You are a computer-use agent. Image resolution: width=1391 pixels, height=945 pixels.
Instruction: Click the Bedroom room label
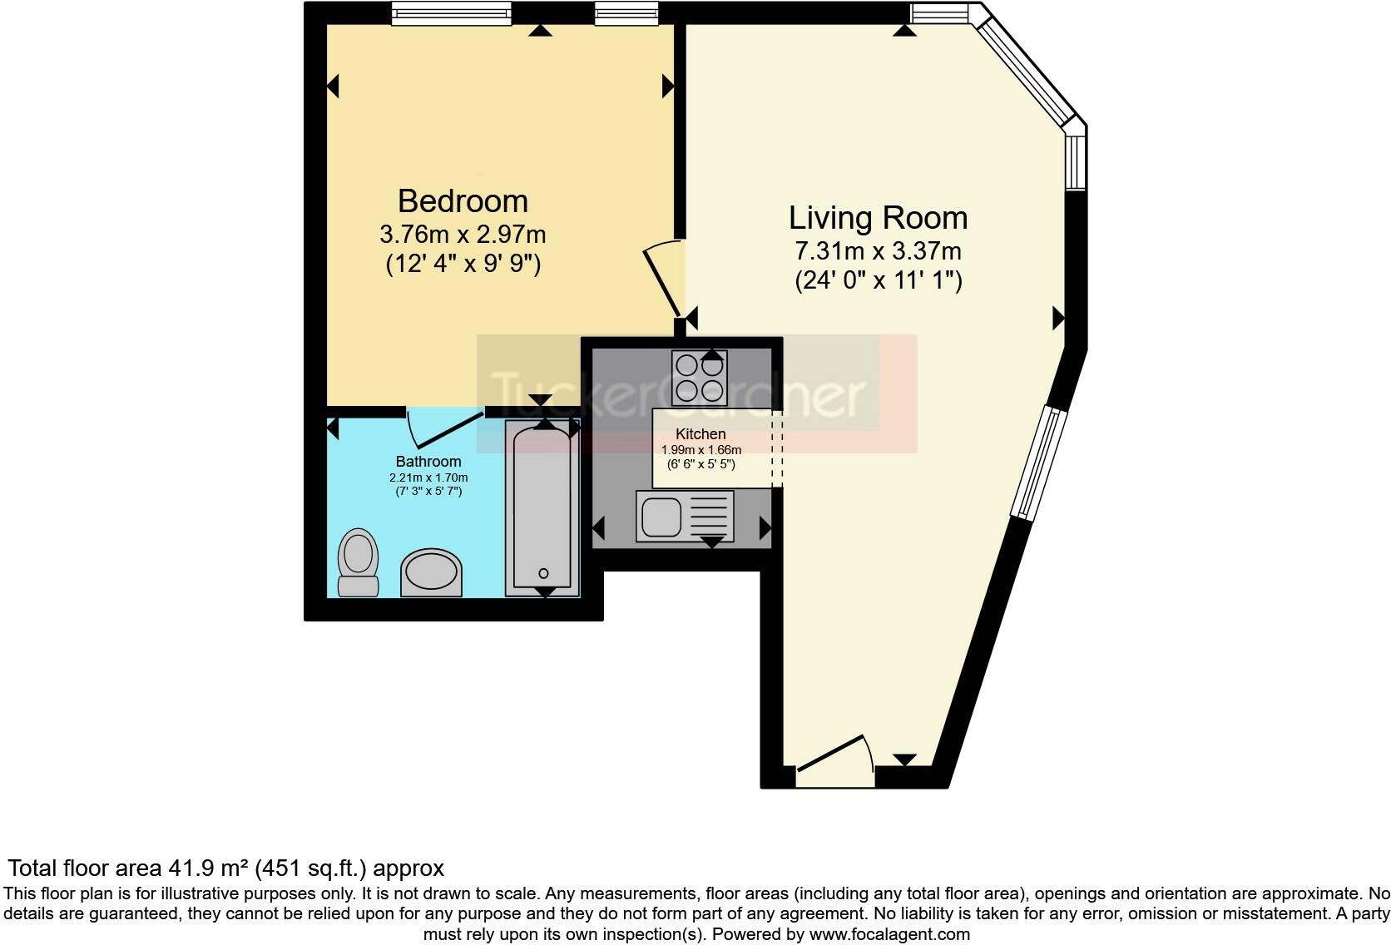tap(463, 201)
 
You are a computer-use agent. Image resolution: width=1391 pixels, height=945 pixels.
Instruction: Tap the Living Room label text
tap(878, 218)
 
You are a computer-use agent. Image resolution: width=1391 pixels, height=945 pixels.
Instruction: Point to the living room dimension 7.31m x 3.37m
tap(878, 250)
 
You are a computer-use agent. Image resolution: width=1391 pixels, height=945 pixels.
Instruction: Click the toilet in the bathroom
tap(359, 562)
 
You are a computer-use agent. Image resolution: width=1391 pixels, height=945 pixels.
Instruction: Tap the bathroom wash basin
tap(431, 572)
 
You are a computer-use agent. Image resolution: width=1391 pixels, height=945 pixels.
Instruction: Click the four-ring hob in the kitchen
tap(699, 378)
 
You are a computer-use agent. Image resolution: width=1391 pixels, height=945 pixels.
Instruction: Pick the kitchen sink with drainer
tap(685, 516)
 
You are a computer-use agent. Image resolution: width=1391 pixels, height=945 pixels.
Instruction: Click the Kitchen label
tap(700, 434)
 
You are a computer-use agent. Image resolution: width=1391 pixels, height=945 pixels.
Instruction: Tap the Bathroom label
tap(428, 462)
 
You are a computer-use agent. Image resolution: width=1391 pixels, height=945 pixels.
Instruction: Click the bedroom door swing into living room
tap(663, 279)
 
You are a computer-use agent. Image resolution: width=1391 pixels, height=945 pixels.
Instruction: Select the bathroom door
tap(445, 426)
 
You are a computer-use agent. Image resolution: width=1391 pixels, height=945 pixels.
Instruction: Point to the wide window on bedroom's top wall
tap(451, 12)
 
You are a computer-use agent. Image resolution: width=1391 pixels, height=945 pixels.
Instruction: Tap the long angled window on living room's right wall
tap(1037, 463)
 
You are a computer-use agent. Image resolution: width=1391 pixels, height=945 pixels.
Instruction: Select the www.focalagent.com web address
tap(889, 934)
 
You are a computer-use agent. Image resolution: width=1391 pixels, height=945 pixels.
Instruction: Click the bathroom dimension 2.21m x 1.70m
tap(428, 478)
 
